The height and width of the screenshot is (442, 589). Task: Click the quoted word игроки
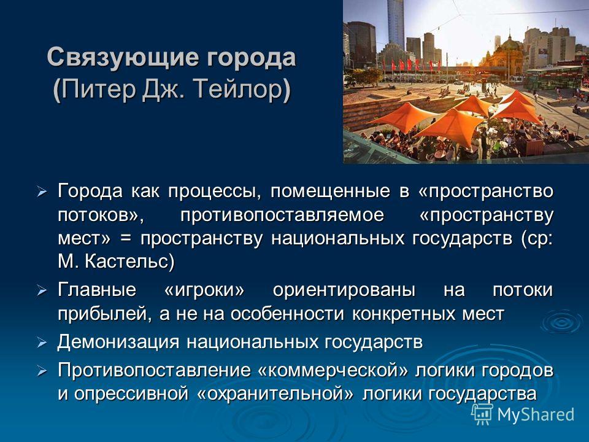[204, 290]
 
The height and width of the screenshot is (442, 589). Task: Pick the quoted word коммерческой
[333, 370]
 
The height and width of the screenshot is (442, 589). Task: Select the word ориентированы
[344, 290]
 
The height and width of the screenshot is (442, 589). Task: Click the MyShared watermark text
[536, 415]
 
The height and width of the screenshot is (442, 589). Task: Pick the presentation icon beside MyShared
[482, 414]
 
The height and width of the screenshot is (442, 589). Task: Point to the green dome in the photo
[509, 44]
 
